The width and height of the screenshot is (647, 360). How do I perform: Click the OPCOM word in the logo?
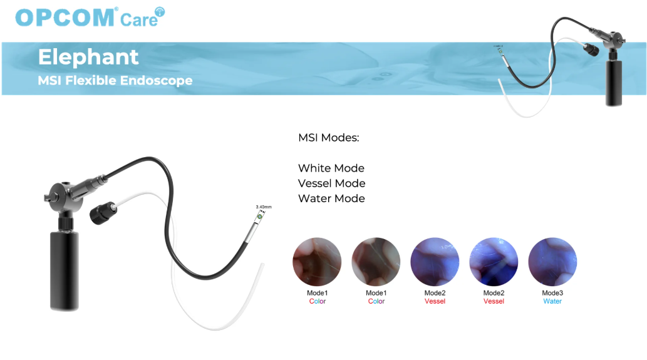pyautogui.click(x=65, y=18)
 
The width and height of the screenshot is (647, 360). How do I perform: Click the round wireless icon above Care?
pyautogui.click(x=160, y=12)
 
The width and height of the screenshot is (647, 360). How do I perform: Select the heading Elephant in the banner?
pyautogui.click(x=88, y=57)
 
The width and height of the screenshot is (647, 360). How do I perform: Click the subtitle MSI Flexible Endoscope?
pyautogui.click(x=115, y=80)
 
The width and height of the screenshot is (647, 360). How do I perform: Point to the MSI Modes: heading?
pyautogui.click(x=328, y=137)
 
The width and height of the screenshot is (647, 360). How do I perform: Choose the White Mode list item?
pyautogui.click(x=331, y=168)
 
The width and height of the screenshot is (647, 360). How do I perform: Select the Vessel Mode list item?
pyautogui.click(x=332, y=183)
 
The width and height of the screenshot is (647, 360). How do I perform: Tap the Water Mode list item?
pyautogui.click(x=331, y=198)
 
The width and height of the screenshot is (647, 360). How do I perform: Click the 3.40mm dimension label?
pyautogui.click(x=264, y=207)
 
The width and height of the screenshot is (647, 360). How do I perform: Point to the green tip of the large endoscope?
pyautogui.click(x=260, y=216)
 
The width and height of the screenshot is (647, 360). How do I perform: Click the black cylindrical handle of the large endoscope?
pyautogui.click(x=65, y=270)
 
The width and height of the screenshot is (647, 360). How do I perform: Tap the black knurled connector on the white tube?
pyautogui.click(x=103, y=212)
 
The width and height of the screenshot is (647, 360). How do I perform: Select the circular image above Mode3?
pyautogui.click(x=552, y=262)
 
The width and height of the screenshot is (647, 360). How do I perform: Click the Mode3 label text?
pyautogui.click(x=552, y=293)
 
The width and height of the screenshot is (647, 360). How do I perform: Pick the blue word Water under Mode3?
pyautogui.click(x=552, y=301)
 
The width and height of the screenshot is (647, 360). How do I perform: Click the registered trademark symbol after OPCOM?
pyautogui.click(x=116, y=9)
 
